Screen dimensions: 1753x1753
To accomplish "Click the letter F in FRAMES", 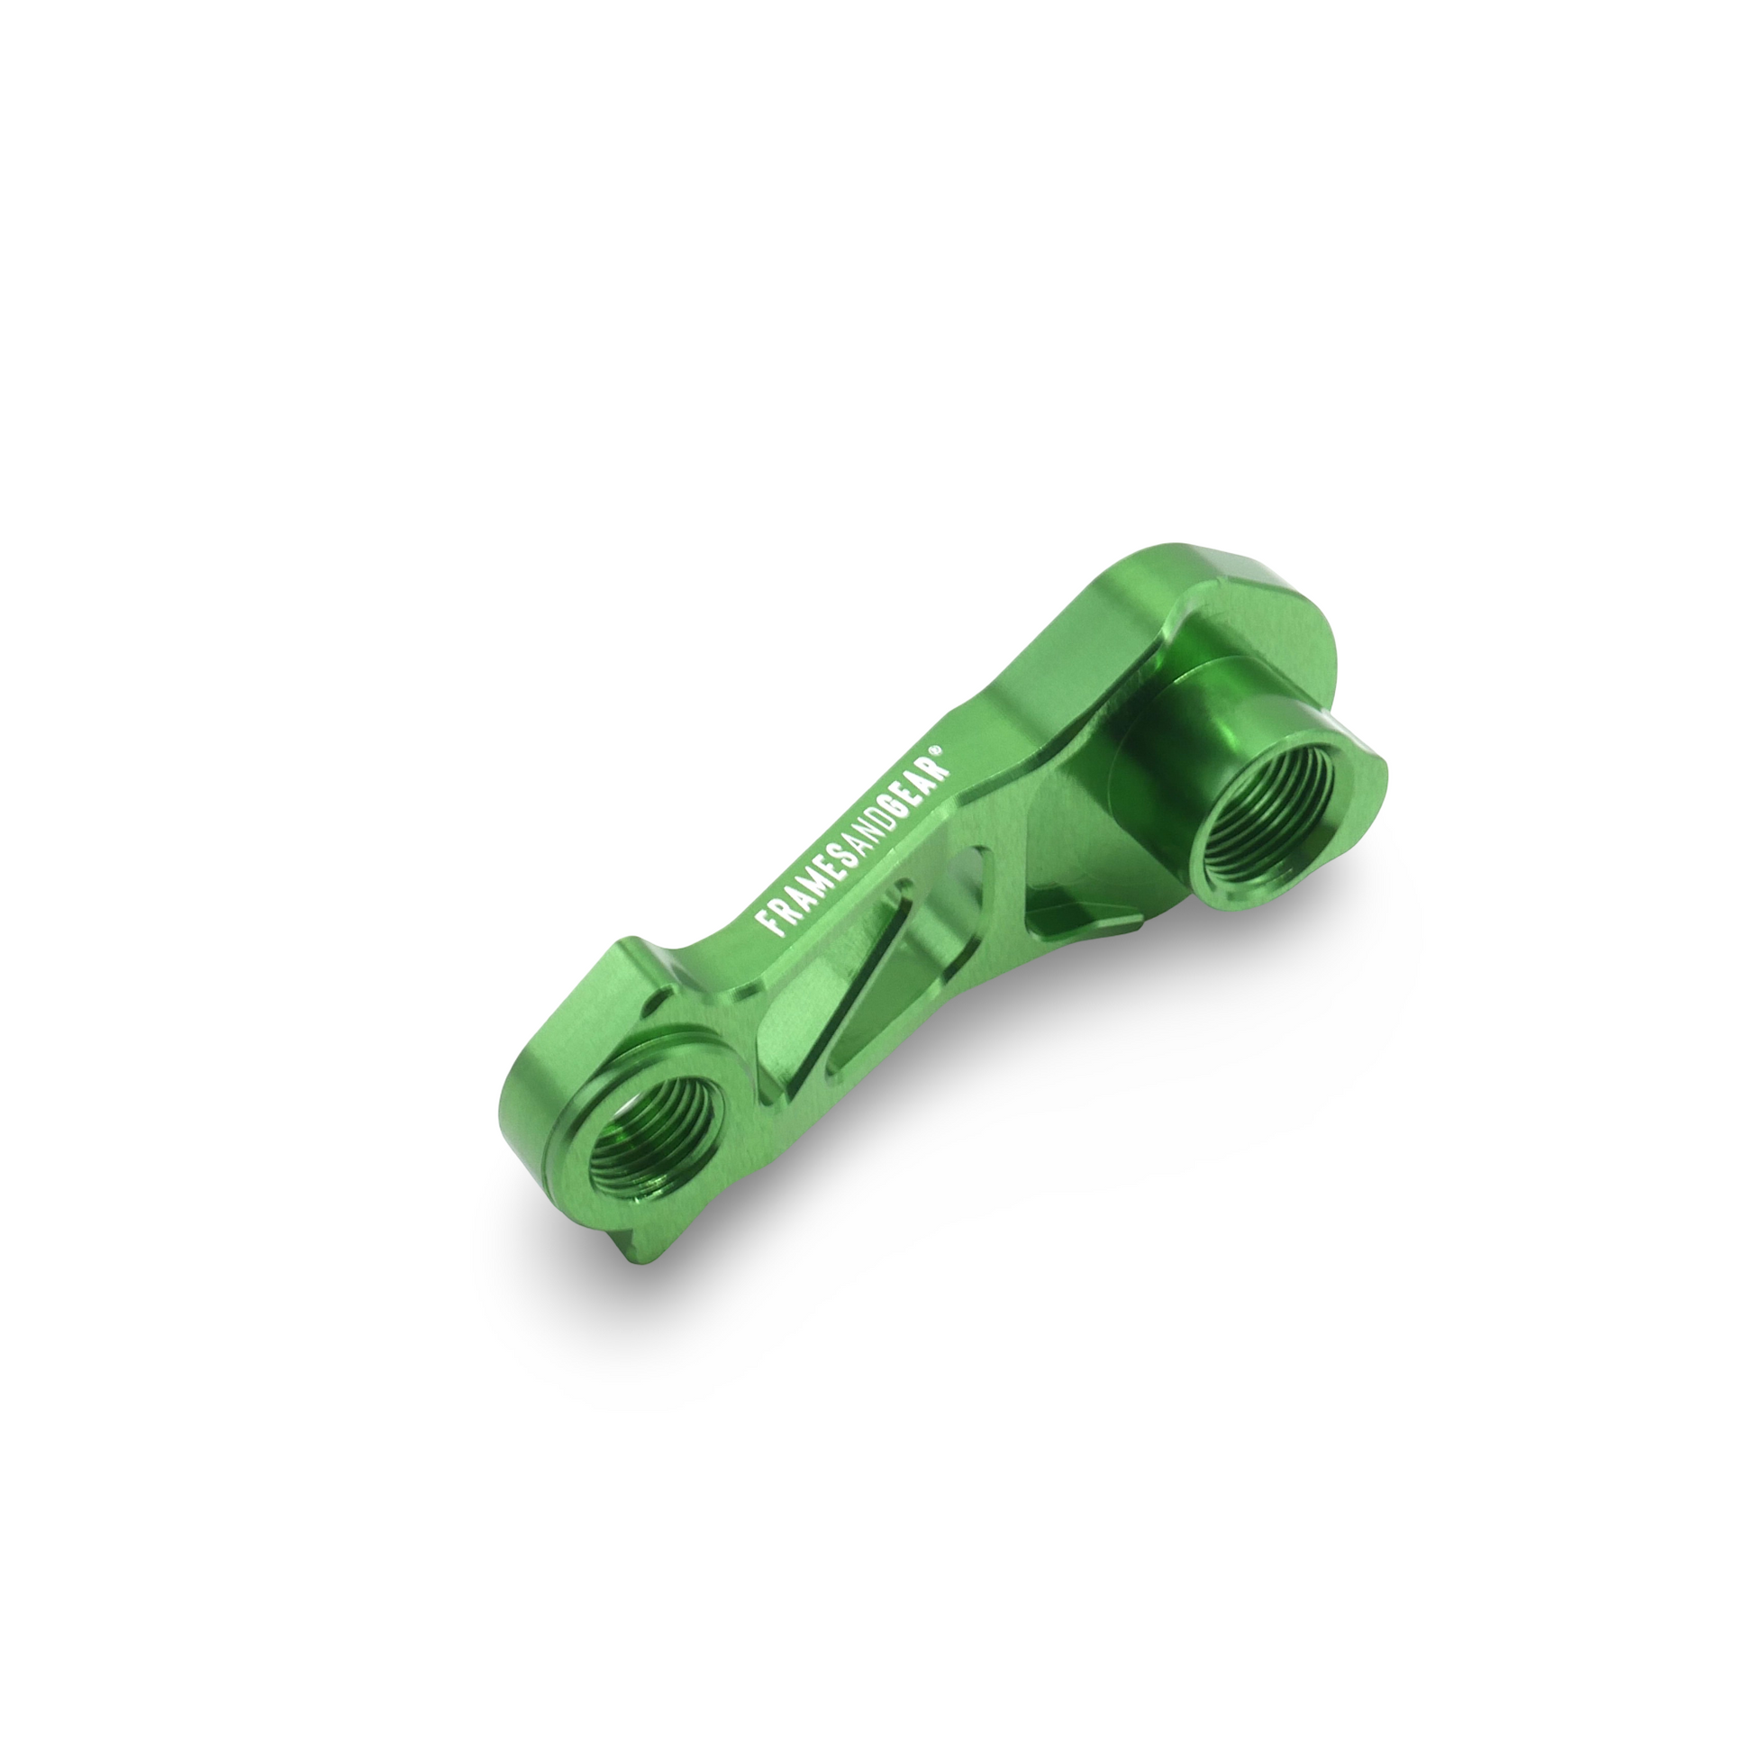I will pyautogui.click(x=772, y=923).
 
